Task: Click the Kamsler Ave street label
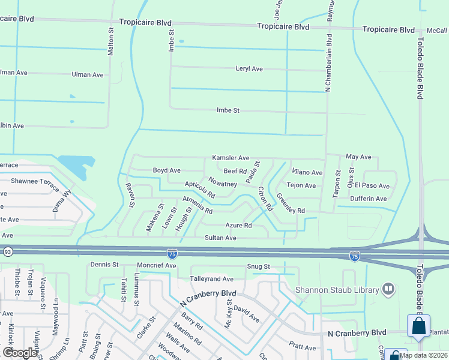coord(231,158)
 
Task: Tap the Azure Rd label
coord(238,226)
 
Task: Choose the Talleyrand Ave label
coord(211,279)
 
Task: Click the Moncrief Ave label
coord(157,265)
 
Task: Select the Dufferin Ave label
coord(369,199)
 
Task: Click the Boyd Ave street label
coord(166,171)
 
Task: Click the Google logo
coord(19,353)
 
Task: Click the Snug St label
coord(258,266)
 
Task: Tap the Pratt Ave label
coord(302,347)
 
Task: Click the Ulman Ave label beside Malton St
coord(88,74)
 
